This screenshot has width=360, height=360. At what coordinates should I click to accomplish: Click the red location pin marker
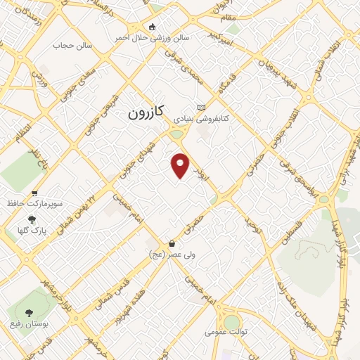click(181, 165)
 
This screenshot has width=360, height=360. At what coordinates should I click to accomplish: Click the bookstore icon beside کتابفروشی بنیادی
click(202, 107)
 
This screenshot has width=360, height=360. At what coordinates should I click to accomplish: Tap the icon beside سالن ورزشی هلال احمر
click(152, 27)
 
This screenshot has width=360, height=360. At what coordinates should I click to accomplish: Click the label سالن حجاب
click(69, 46)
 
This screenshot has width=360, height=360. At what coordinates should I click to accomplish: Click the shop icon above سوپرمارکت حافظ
click(34, 193)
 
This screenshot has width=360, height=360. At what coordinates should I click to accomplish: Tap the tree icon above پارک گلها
click(30, 219)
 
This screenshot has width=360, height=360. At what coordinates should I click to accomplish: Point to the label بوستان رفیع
click(29, 323)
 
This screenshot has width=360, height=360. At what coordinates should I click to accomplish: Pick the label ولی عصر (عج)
click(172, 255)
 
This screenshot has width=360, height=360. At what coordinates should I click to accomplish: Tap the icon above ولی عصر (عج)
click(172, 244)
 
